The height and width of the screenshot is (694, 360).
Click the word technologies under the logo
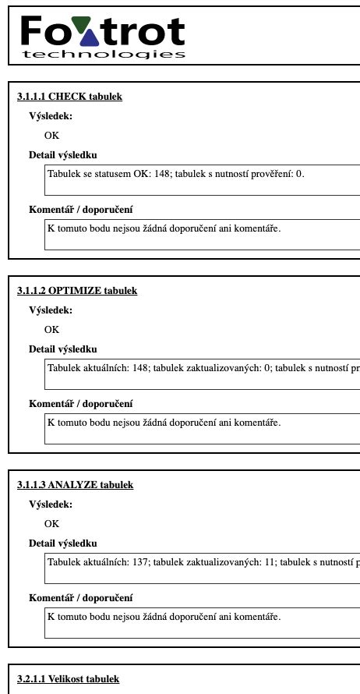click(x=104, y=55)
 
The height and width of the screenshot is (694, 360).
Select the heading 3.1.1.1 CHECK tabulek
click(x=69, y=97)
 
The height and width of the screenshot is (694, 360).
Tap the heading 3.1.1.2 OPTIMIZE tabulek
click(x=76, y=291)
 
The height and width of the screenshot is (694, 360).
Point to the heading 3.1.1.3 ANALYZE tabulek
click(x=75, y=485)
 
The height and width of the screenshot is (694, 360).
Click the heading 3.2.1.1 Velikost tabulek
click(x=68, y=679)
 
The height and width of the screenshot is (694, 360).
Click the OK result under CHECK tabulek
click(x=51, y=135)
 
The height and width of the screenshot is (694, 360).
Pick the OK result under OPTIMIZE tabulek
click(x=51, y=329)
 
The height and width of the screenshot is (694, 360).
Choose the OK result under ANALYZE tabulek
click(x=51, y=523)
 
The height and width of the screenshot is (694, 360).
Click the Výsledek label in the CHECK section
click(x=50, y=115)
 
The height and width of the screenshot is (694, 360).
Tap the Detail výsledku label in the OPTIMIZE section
click(x=62, y=349)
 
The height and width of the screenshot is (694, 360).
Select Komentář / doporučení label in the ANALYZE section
click(x=80, y=598)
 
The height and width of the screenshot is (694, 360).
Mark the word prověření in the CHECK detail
click(x=267, y=173)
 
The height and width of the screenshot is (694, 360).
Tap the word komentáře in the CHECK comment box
click(x=259, y=228)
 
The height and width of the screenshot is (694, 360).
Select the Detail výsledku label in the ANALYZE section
click(x=62, y=543)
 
